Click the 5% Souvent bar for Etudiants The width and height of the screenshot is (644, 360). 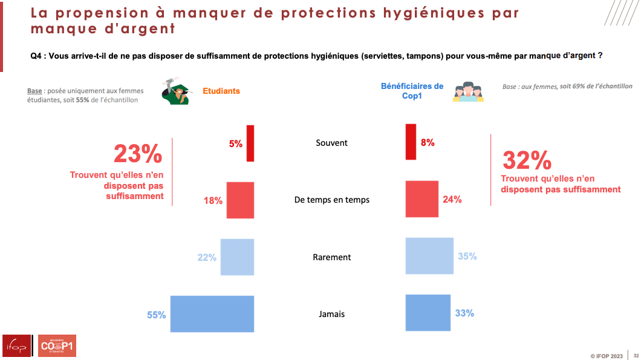[250, 143]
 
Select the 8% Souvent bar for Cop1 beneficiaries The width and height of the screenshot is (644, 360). [411, 142]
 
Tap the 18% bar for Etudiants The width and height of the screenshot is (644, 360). [240, 200]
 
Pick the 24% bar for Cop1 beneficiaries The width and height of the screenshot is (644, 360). [421, 199]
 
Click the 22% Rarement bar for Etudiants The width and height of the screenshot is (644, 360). [237, 257]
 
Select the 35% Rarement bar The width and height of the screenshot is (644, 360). [429, 256]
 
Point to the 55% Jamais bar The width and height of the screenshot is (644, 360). [212, 314]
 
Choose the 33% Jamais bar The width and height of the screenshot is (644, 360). [428, 313]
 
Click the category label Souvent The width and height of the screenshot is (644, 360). [331, 143]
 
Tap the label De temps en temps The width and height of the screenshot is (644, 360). [331, 200]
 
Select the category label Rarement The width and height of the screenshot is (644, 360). [331, 257]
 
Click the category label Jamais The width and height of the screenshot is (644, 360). [331, 314]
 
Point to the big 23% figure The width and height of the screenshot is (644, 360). [138, 154]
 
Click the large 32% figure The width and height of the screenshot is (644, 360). [527, 160]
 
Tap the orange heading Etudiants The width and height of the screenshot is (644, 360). [221, 91]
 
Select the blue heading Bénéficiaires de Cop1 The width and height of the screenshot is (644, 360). [412, 91]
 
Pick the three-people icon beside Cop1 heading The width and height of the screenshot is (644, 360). [468, 92]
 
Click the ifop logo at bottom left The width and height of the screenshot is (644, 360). [17, 345]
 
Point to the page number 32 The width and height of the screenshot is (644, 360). [636, 355]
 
